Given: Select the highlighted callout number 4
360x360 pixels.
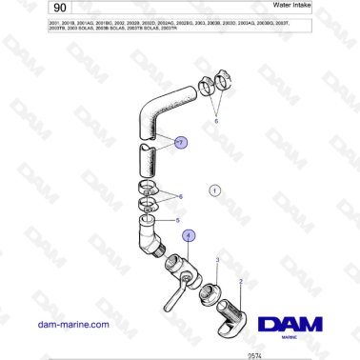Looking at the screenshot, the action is (x=189, y=233).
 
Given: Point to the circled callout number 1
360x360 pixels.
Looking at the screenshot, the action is (x=215, y=190).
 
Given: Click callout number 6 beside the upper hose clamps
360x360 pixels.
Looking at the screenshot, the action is (x=216, y=122).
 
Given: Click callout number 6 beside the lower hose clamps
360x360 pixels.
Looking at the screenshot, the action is (x=180, y=196).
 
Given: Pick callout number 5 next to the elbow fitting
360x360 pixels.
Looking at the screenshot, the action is (x=177, y=220).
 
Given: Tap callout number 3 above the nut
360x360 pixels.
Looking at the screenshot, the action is (x=217, y=259).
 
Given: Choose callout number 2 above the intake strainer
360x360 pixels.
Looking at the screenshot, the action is (x=241, y=281).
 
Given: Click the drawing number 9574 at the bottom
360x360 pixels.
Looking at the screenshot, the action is (x=253, y=354).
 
